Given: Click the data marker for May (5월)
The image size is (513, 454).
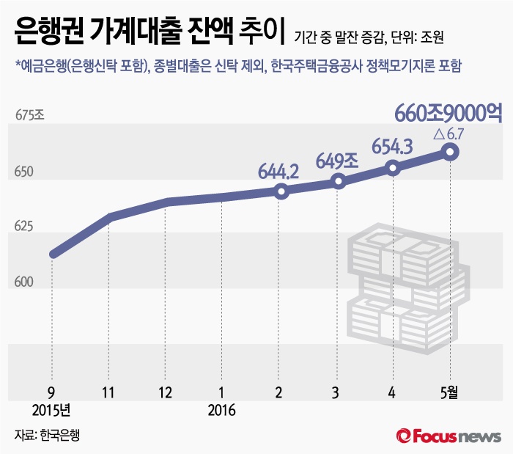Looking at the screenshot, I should point(450,152).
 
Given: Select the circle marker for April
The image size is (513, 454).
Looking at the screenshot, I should point(394,168).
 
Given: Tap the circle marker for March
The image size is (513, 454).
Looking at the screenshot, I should point(338,181).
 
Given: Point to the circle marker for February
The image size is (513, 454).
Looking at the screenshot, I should point(281,191).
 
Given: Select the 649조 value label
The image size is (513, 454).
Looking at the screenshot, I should point(336,158).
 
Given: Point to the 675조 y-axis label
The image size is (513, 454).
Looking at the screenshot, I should point(30,115).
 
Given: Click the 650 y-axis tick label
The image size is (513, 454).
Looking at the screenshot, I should point(24,173).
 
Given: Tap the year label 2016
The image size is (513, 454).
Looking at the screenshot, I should point(221,410).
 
